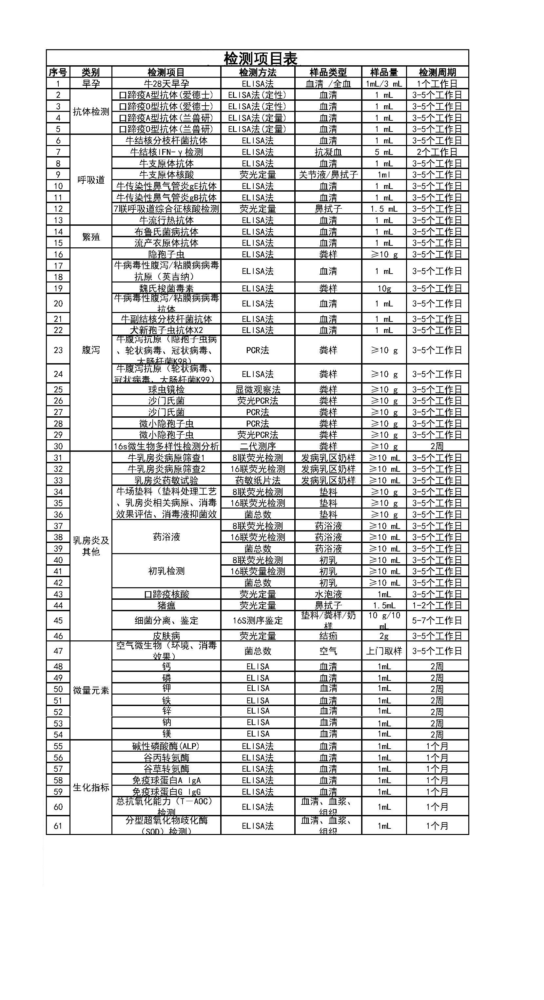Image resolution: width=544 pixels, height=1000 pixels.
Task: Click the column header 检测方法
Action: pyautogui.click(x=258, y=72)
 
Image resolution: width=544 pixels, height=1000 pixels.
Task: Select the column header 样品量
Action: pyautogui.click(x=384, y=72)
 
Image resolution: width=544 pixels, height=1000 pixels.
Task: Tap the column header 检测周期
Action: pyautogui.click(x=437, y=72)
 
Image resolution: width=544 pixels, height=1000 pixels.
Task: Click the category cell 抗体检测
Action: pyautogui.click(x=91, y=112)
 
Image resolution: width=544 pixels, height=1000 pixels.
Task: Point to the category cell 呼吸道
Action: pyautogui.click(x=91, y=180)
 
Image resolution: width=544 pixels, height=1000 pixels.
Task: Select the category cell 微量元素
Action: pyautogui.click(x=91, y=690)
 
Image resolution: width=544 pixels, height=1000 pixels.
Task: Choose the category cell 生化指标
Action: pyautogui.click(x=91, y=787)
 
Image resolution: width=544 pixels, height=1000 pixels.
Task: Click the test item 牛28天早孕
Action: pyautogui.click(x=166, y=83)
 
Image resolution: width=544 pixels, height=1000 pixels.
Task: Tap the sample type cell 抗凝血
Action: pyautogui.click(x=328, y=152)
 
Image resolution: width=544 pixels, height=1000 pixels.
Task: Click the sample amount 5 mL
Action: pyautogui.click(x=384, y=152)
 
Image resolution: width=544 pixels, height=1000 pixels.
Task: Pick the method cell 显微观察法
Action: pyautogui.click(x=258, y=389)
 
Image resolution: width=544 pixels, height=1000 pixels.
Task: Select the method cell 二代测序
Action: pyautogui.click(x=258, y=446)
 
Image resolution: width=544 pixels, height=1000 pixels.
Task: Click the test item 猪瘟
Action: pyautogui.click(x=166, y=605)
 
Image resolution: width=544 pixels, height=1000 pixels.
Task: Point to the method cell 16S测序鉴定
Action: pyautogui.click(x=258, y=620)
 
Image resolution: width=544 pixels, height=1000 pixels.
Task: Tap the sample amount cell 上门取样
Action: pyautogui.click(x=384, y=651)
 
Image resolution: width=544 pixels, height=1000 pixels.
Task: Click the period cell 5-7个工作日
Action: pyautogui.click(x=437, y=620)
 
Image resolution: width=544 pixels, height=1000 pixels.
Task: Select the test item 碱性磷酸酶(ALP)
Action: pyautogui.click(x=166, y=746)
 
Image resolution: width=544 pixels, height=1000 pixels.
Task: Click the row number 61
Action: pyautogui.click(x=58, y=826)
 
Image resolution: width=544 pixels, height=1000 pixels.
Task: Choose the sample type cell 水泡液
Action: pyautogui.click(x=328, y=594)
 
